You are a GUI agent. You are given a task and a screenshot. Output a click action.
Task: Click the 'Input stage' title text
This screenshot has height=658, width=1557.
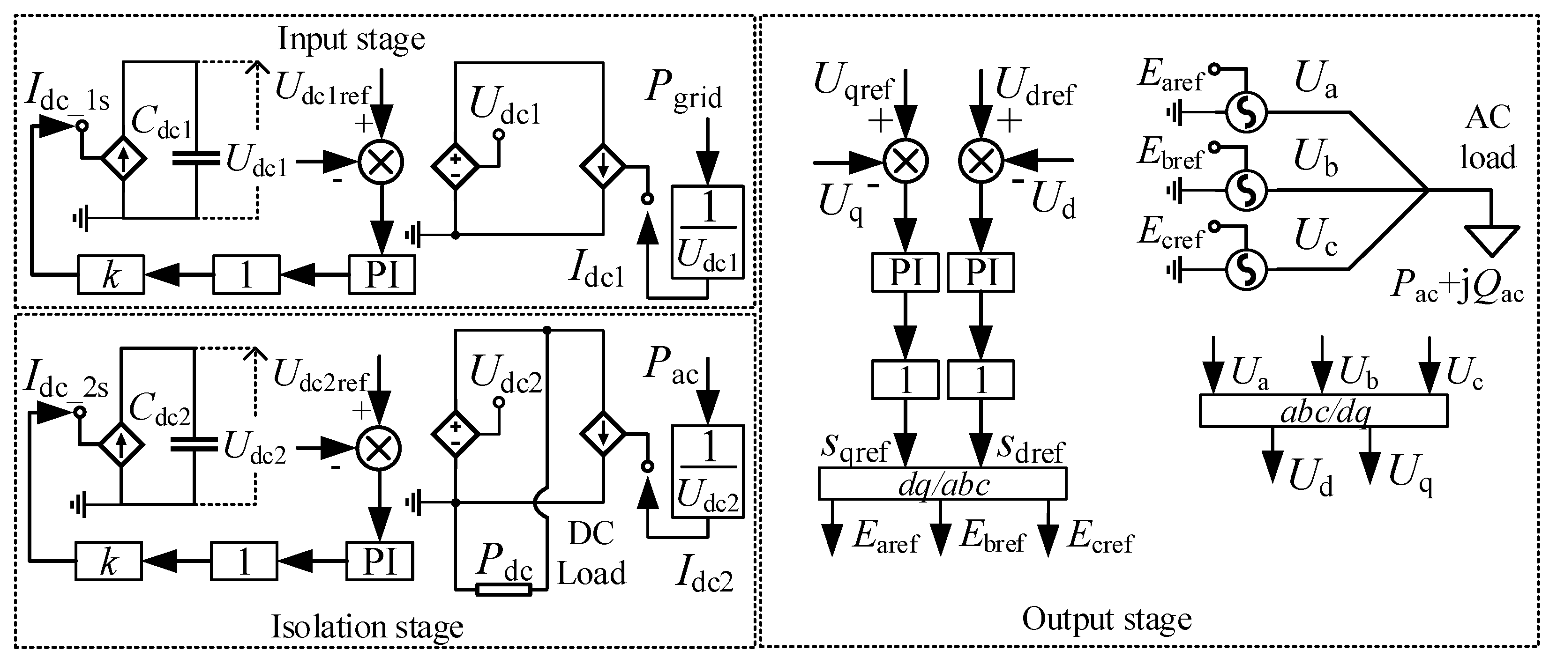click(x=351, y=39)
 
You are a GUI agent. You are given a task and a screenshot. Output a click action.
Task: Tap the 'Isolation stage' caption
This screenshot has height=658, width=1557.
click(x=367, y=627)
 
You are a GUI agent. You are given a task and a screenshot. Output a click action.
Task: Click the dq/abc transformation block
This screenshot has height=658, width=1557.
click(x=942, y=484)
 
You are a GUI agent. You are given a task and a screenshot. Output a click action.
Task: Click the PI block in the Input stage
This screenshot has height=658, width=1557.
click(x=382, y=275)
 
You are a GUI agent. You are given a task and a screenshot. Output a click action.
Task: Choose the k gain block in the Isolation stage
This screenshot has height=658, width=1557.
click(x=109, y=562)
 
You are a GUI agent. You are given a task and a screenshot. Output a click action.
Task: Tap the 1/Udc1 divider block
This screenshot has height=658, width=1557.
click(x=708, y=232)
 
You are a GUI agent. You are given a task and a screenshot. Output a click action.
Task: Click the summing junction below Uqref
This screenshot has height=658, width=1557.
click(x=906, y=161)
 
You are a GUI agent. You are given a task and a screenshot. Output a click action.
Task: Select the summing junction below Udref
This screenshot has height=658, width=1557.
click(x=981, y=161)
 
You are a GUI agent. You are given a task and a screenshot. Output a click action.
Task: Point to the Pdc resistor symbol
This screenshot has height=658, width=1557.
click(x=503, y=589)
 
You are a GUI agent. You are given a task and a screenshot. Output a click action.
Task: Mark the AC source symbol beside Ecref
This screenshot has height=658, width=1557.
click(x=1246, y=270)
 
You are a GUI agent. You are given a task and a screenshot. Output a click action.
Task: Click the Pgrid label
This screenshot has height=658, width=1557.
click(x=683, y=91)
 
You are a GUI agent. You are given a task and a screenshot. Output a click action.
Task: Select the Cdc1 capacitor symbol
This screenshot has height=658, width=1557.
click(x=196, y=158)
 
